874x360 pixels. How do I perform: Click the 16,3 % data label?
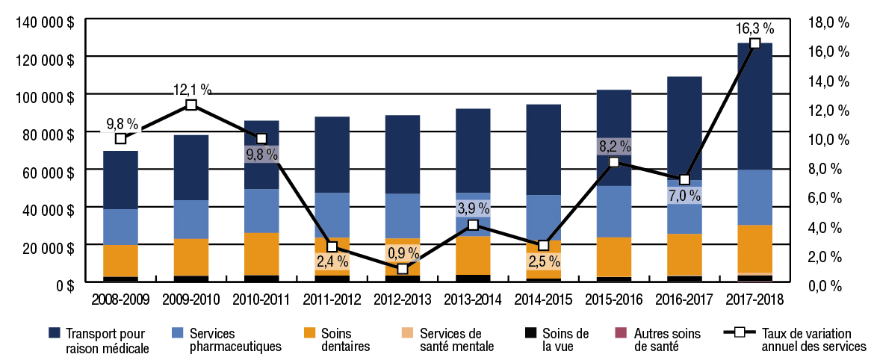[754, 28]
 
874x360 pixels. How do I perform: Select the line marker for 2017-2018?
[754, 43]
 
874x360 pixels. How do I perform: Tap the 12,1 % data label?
[192, 90]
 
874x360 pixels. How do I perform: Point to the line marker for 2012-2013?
[403, 268]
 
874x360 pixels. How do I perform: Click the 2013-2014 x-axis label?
[473, 300]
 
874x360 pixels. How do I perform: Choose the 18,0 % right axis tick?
[829, 22]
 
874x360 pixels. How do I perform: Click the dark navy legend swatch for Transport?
[54, 332]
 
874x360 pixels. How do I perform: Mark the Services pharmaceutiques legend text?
[225, 339]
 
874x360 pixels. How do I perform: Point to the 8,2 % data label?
[613, 146]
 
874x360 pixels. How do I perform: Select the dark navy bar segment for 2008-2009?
[120, 180]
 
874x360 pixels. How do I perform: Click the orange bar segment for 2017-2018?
[754, 249]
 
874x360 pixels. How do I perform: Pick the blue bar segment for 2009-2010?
[191, 220]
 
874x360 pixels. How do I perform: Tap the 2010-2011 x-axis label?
[261, 300]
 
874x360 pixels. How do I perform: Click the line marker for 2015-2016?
[613, 162]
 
